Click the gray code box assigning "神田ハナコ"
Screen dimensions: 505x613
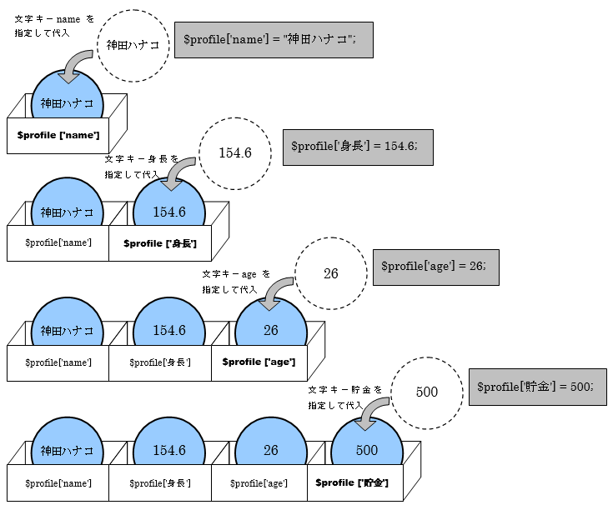tap(273, 40)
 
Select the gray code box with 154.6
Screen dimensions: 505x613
tap(359, 146)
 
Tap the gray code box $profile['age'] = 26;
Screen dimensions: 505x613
tap(435, 267)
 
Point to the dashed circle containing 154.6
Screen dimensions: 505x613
tap(234, 152)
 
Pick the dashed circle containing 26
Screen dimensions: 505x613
tap(330, 273)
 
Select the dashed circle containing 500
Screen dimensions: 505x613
tap(426, 392)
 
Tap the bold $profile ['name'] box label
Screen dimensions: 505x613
tap(58, 135)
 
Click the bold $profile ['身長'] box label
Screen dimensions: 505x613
tap(160, 242)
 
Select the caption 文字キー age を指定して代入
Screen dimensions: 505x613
tap(236, 281)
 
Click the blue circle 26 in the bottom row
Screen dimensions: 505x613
tap(271, 450)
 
